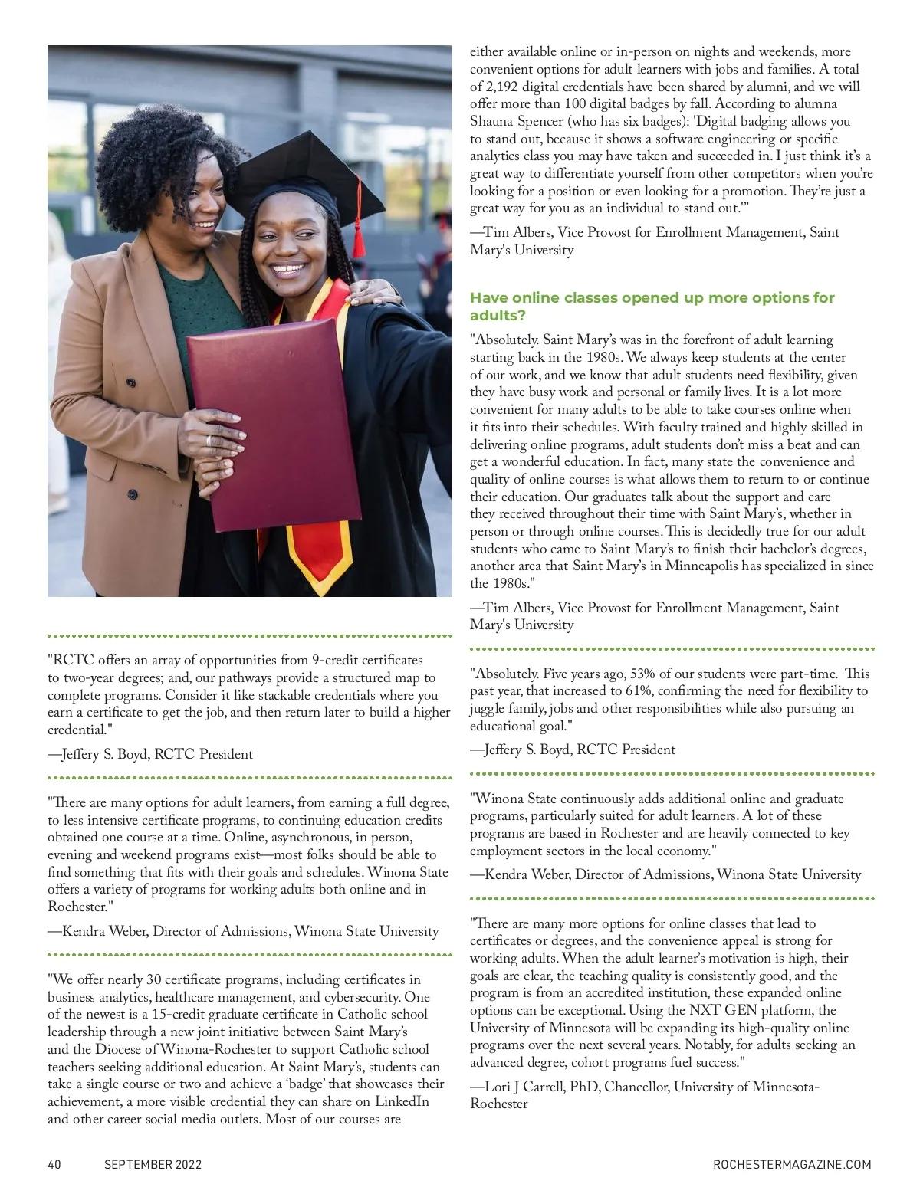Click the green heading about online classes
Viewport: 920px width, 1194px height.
click(x=652, y=306)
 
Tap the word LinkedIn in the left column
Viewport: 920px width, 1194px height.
click(x=399, y=1101)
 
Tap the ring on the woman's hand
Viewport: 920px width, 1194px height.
click(x=209, y=441)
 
